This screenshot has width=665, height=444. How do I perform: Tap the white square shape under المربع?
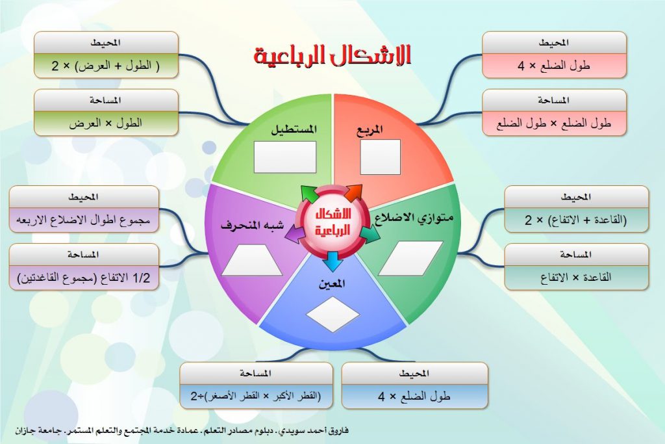tap(380, 157)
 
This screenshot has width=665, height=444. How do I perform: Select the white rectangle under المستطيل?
tap(284, 157)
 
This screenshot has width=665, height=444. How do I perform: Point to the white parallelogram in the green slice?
tap(410, 258)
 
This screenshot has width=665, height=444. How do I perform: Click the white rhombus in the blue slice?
tap(332, 314)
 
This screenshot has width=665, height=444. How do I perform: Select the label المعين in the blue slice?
tap(332, 284)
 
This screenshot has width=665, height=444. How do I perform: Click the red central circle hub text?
tap(332, 222)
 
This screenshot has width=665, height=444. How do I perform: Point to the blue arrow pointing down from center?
tap(332, 261)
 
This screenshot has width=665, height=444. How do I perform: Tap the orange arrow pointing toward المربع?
tap(353, 192)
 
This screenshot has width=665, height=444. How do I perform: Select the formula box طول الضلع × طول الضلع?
tap(554, 122)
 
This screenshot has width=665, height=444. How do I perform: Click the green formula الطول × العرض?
tap(106, 122)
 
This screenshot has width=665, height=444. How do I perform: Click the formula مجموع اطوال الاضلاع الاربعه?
tap(84, 219)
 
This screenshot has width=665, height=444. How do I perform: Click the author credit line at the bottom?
tap(184, 430)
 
